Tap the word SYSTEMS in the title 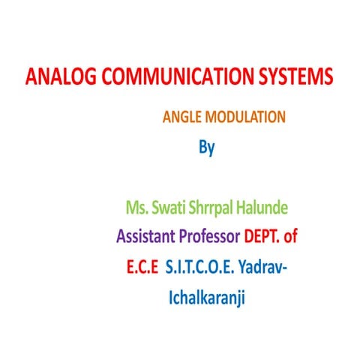tap(288, 78)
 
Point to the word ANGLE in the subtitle tap(181, 117)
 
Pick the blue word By tap(206, 147)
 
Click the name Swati tap(175, 205)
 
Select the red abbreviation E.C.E tap(142, 268)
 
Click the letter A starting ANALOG tap(31, 78)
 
